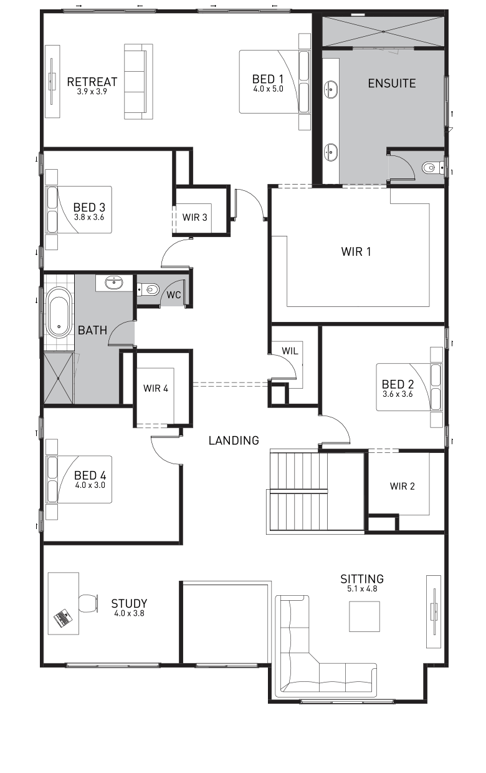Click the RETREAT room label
click(92, 82)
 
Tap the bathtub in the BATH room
click(59, 312)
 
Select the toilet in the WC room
click(148, 289)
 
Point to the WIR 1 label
click(356, 251)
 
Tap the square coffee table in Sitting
click(364, 616)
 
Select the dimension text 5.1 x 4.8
click(362, 588)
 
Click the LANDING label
click(234, 440)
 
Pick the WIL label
click(290, 351)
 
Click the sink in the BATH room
click(114, 283)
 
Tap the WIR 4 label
click(156, 388)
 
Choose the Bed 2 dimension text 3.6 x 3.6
click(398, 394)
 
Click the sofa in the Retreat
click(138, 82)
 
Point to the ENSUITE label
click(392, 83)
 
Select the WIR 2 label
click(403, 486)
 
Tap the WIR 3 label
click(195, 217)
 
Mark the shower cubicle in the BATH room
click(59, 378)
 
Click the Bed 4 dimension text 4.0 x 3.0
click(90, 485)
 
